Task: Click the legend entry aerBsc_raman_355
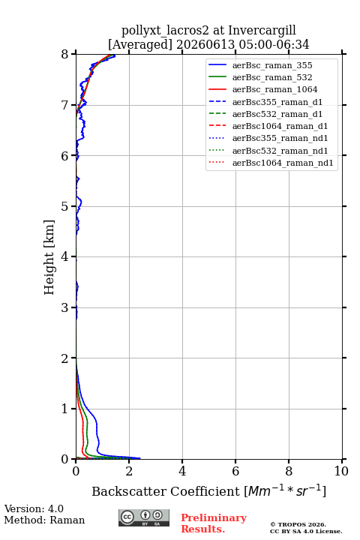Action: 272,65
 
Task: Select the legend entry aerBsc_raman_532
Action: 272,77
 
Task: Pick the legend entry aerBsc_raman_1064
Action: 275,89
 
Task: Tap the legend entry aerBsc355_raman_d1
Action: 277,102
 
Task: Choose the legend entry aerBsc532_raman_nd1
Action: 280,151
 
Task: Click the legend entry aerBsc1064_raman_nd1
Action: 283,163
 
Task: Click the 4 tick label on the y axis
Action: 64,256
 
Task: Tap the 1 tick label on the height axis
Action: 64,409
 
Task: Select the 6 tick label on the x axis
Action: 235,471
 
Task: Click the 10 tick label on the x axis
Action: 341,471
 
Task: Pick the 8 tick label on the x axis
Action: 289,471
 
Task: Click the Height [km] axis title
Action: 49,257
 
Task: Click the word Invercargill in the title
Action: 262,31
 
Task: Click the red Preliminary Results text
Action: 214,523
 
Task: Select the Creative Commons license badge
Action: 144,517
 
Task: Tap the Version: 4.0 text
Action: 34,508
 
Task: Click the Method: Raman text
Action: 44,520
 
